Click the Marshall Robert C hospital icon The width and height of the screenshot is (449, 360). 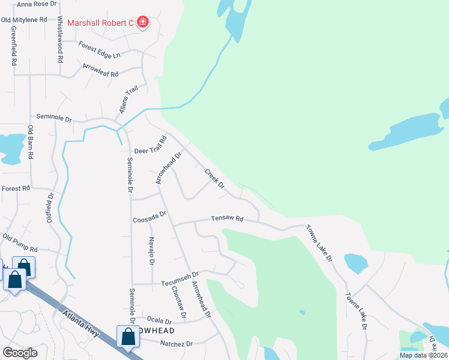[x=143, y=23]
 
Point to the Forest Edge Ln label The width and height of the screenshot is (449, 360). [x=100, y=49]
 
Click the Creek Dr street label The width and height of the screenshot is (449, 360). [x=214, y=179]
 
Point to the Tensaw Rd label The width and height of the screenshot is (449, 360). [x=226, y=219]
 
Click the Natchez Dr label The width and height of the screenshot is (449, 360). [x=176, y=344]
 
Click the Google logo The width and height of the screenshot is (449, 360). [x=20, y=353]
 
